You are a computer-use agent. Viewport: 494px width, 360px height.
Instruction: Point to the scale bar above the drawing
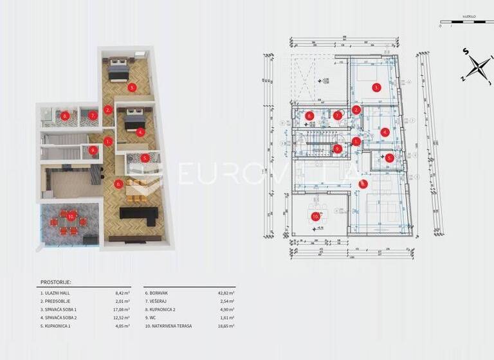466,23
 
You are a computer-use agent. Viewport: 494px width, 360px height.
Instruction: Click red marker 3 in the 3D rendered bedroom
131,86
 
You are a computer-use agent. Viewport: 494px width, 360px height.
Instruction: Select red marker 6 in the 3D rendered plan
118,183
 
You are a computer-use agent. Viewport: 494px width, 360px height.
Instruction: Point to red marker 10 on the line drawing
315,217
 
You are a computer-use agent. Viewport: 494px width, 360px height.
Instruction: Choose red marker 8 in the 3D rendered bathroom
65,116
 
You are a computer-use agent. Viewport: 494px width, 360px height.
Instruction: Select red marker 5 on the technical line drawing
389,157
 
